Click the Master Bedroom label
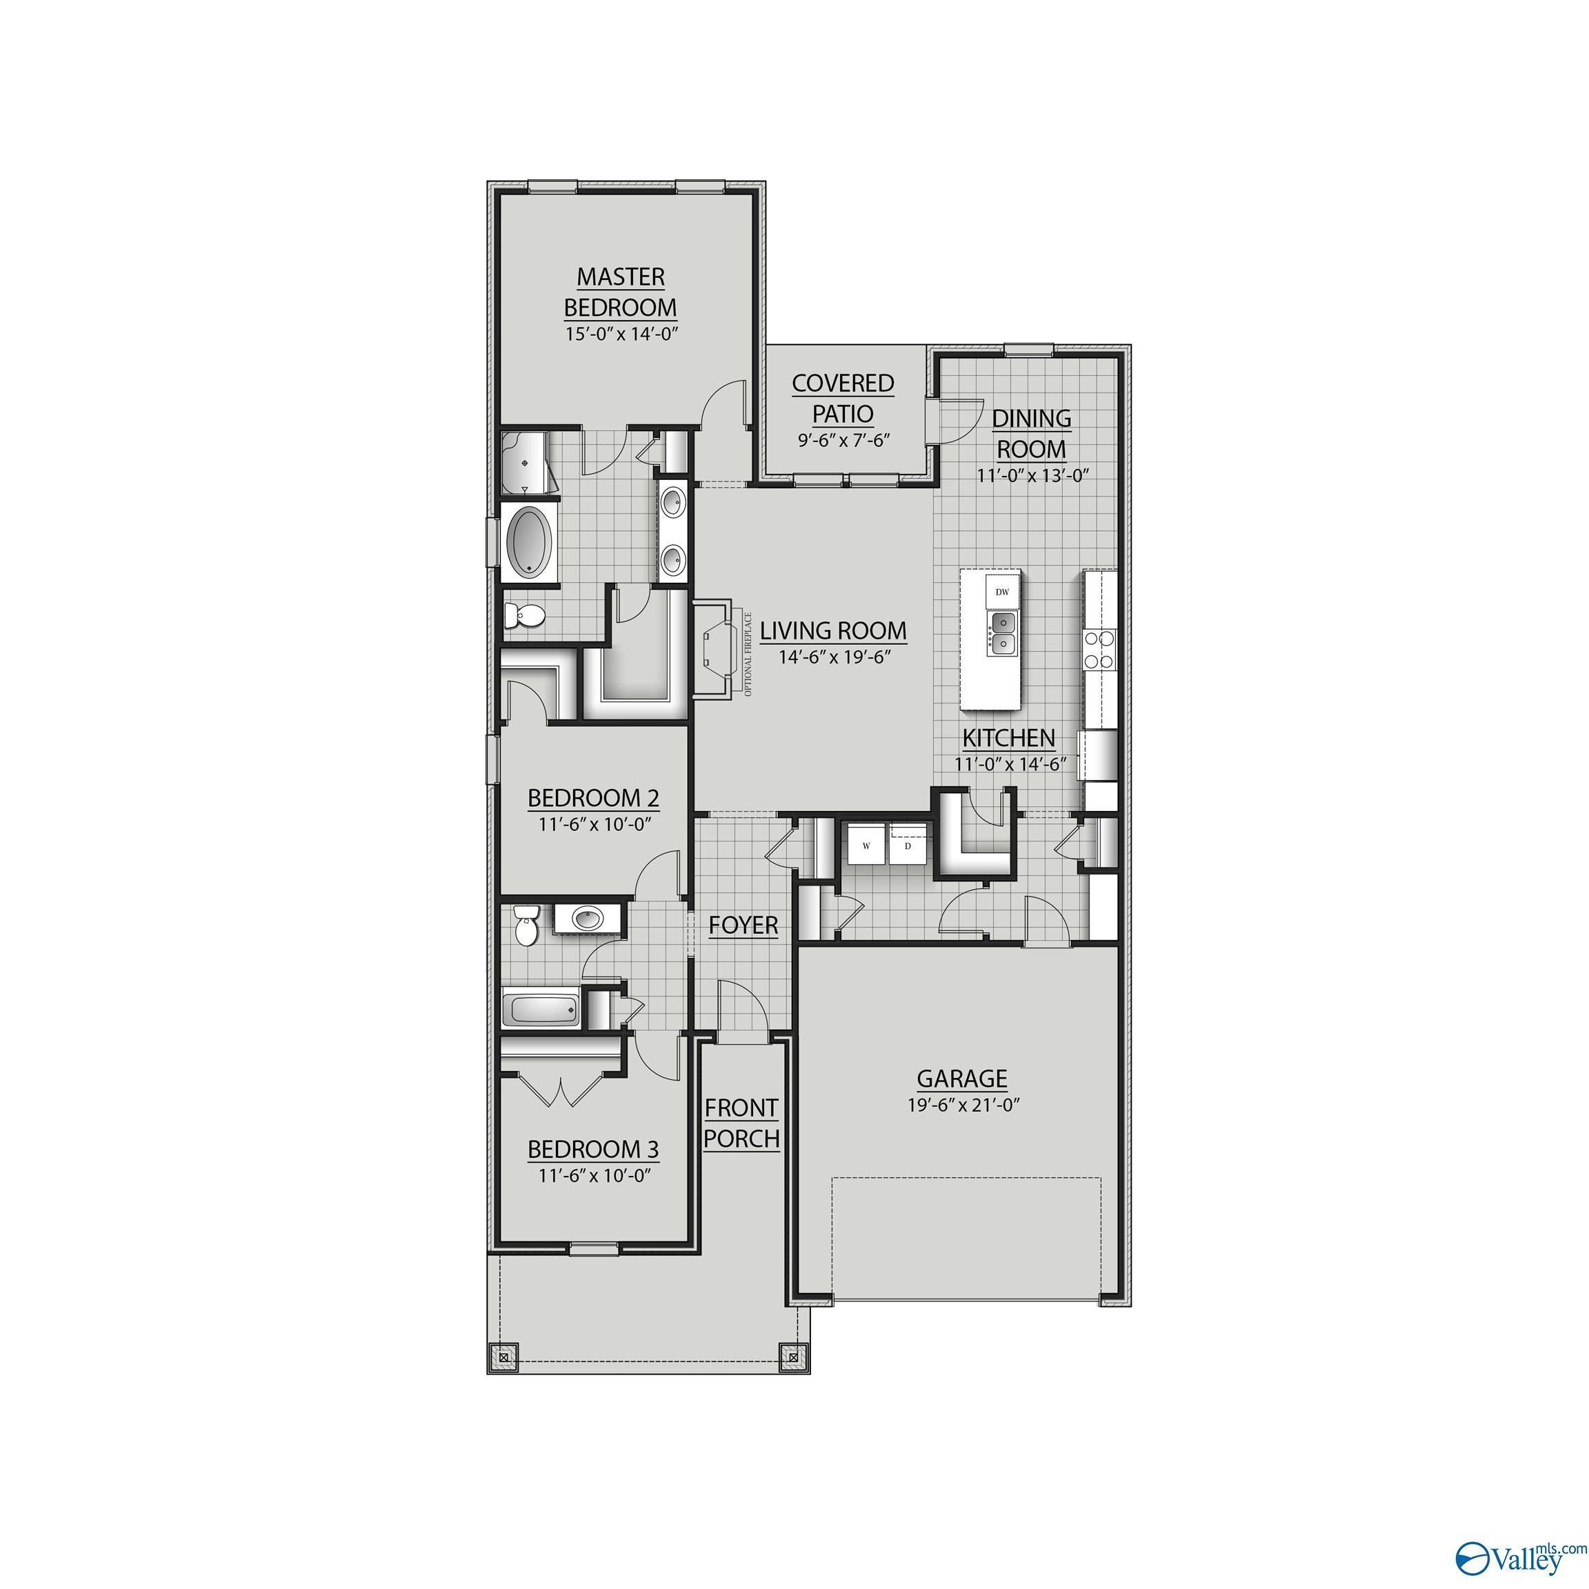tap(620, 291)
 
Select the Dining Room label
tap(1031, 433)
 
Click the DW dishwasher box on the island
tap(1001, 591)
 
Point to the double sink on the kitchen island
tap(1002, 632)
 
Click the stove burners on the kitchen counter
tap(1099, 648)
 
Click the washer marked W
tap(866, 846)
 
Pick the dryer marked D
tap(908, 846)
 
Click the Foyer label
tap(743, 926)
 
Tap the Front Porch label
tap(741, 1123)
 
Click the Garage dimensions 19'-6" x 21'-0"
tap(963, 1106)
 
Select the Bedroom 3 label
tap(593, 1149)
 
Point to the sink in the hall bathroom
tap(587, 917)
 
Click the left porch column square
tap(503, 1355)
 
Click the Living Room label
tap(832, 631)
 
